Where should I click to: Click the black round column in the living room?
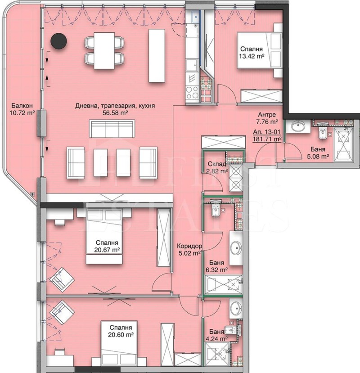coord(58,41)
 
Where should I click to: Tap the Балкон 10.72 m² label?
coord(22,109)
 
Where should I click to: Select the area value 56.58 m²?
coord(115,113)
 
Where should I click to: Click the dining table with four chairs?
coord(104,50)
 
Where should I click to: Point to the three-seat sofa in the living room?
coord(112,128)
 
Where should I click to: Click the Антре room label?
coord(267,115)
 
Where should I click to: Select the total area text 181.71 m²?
coord(267,139)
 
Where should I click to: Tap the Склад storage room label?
coord(217,164)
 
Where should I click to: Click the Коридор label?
coord(189,246)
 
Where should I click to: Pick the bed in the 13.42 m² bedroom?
coord(259,50)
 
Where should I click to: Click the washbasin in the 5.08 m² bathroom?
coord(298,126)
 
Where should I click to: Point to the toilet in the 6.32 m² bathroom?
coord(216,210)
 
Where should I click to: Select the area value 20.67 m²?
coord(107,250)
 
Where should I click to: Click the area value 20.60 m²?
coord(121,335)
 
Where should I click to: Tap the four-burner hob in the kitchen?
coord(192,92)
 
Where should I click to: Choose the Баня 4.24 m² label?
coord(218,335)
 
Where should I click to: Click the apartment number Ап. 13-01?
coord(267,132)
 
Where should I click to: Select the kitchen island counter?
coord(157,56)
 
